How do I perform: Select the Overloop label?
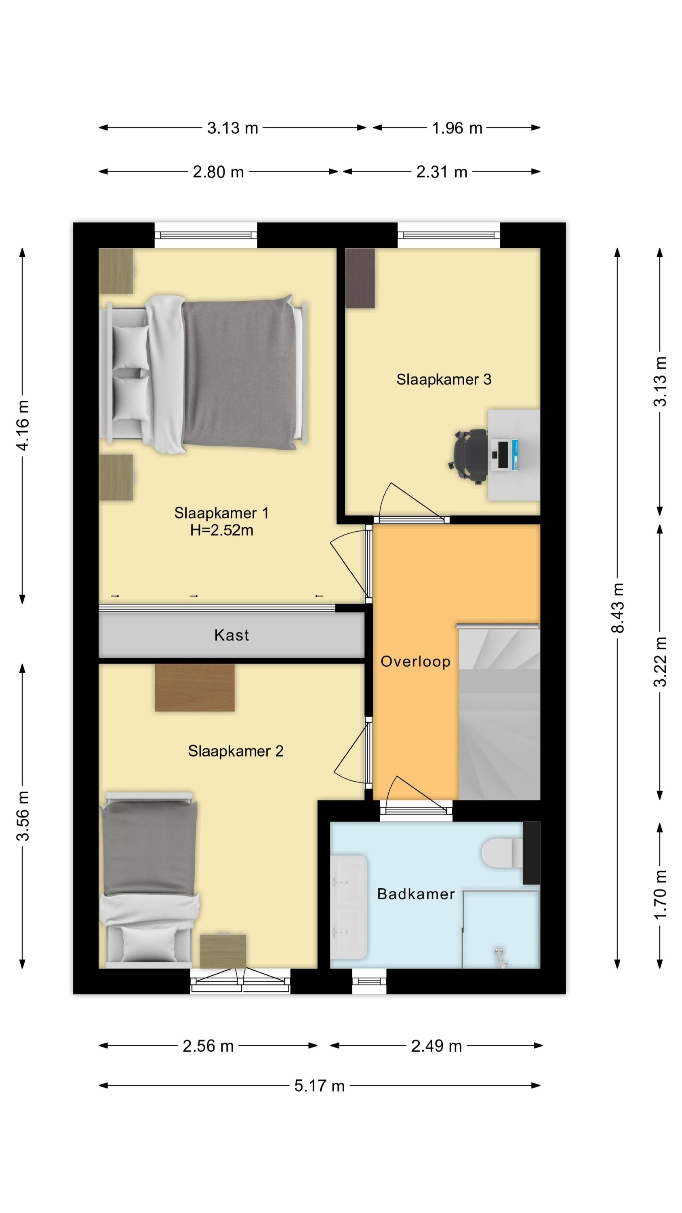tap(415, 661)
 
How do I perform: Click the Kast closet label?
tap(231, 635)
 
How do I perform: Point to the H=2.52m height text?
tap(222, 530)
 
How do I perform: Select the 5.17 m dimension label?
tap(320, 1086)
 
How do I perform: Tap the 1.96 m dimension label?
tap(457, 128)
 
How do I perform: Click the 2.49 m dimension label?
tap(436, 1046)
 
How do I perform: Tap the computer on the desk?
tap(505, 455)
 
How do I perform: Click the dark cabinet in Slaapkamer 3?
tap(360, 278)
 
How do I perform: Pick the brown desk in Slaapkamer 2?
tap(194, 687)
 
